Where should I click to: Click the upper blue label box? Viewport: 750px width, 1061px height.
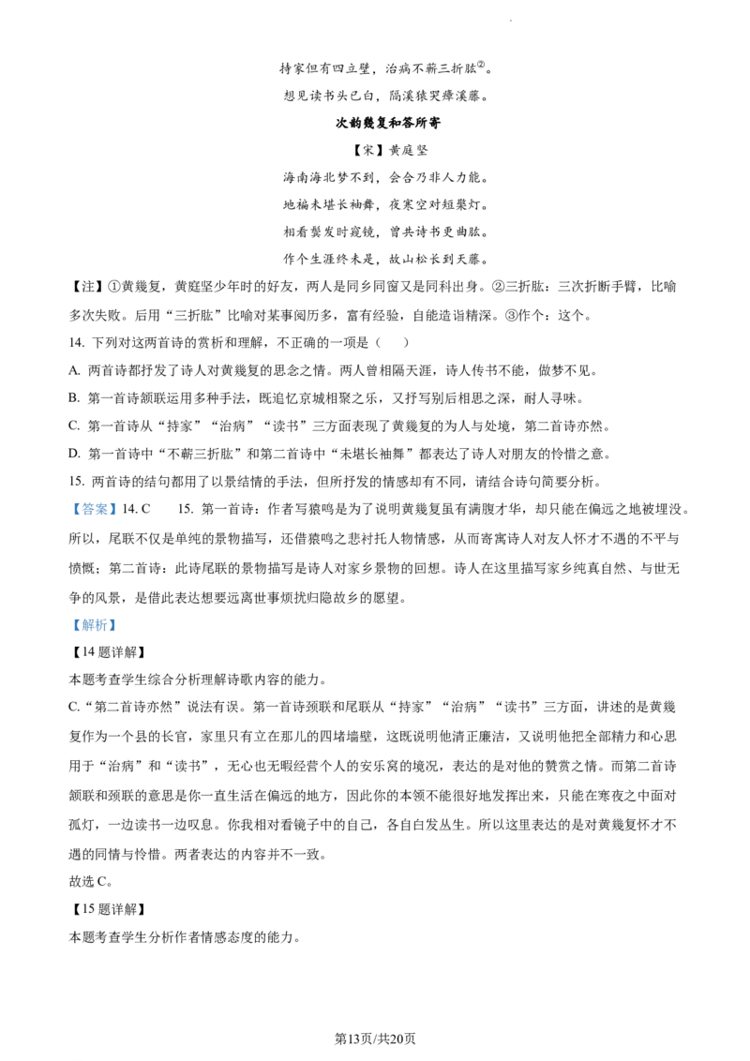tap(94, 510)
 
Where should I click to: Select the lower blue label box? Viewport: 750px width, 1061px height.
tap(94, 625)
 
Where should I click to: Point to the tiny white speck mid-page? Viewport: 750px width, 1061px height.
tap(268, 572)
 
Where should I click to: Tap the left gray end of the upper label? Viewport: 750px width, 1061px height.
tap(69, 510)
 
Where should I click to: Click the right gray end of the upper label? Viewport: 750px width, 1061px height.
tap(118, 510)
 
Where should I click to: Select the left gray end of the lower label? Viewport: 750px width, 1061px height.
tap(69, 625)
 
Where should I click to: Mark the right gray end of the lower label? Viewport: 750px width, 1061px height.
tap(118, 625)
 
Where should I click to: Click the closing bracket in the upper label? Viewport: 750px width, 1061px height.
tap(113, 510)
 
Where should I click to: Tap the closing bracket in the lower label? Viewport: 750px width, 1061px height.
tap(112, 625)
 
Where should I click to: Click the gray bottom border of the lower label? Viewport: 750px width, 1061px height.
tap(94, 635)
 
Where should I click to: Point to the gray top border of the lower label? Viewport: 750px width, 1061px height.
tap(94, 617)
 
